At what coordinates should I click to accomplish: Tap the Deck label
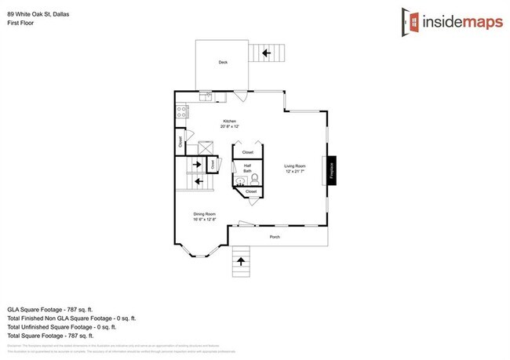(x=223, y=62)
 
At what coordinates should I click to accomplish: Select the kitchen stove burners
(x=181, y=111)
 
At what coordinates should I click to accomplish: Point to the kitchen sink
(x=206, y=97)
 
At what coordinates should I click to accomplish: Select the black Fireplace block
(x=330, y=171)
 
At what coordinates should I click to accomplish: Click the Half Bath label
(x=247, y=167)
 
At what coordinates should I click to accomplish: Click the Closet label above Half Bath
(x=248, y=152)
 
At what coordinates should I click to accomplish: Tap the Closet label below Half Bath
(x=251, y=192)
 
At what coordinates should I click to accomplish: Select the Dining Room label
(x=205, y=216)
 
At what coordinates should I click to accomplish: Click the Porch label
(x=275, y=237)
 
